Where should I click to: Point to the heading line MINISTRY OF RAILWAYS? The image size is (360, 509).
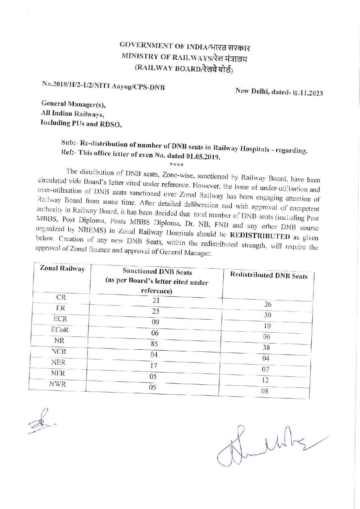tap(184, 58)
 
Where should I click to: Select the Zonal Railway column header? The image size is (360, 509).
tap(62, 269)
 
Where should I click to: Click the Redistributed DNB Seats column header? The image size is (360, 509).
tap(268, 275)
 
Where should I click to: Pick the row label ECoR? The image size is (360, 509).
tap(60, 330)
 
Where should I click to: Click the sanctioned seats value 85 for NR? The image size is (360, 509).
tap(154, 344)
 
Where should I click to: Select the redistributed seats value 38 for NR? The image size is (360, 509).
tap(266, 347)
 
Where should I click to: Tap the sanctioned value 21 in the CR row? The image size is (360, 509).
tap(156, 300)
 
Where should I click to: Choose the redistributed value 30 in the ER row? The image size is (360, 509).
tap(267, 315)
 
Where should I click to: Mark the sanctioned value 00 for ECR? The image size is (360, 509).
tap(155, 322)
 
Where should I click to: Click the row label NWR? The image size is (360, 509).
tap(58, 384)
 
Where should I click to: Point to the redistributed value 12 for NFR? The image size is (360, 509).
tap(265, 380)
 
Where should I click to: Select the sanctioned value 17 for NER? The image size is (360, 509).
tap(154, 365)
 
